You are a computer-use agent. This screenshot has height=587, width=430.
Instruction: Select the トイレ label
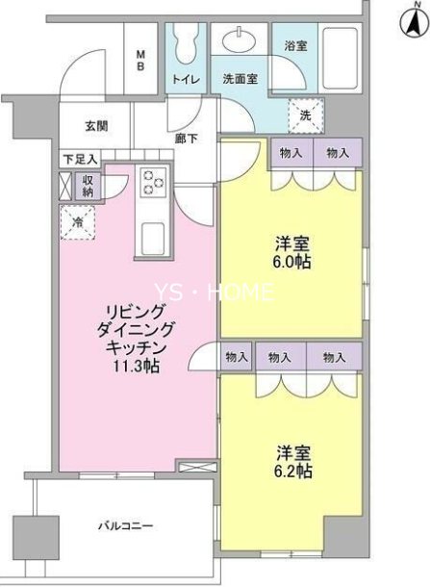coord(186,79)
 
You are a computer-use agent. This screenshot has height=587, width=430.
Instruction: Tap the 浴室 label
coord(294,45)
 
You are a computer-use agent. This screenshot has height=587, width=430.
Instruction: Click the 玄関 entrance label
coord(96,126)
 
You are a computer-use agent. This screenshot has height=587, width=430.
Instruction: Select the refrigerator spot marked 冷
coord(78,222)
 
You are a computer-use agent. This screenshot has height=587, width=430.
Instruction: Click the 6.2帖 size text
coord(291,472)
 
